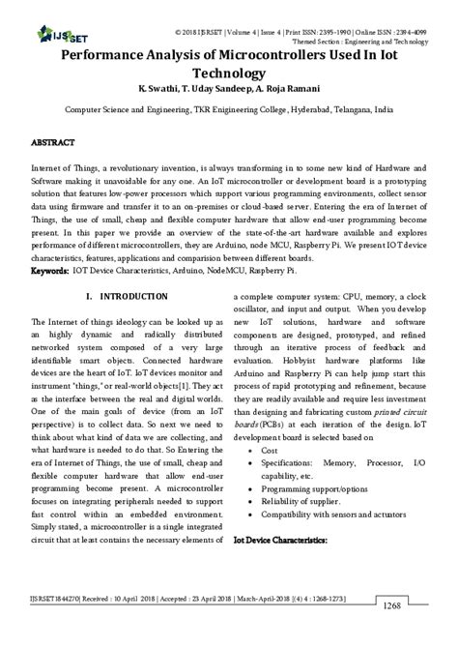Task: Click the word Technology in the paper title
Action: tap(228, 74)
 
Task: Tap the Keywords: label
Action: tap(50, 272)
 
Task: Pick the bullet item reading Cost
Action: tap(271, 451)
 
